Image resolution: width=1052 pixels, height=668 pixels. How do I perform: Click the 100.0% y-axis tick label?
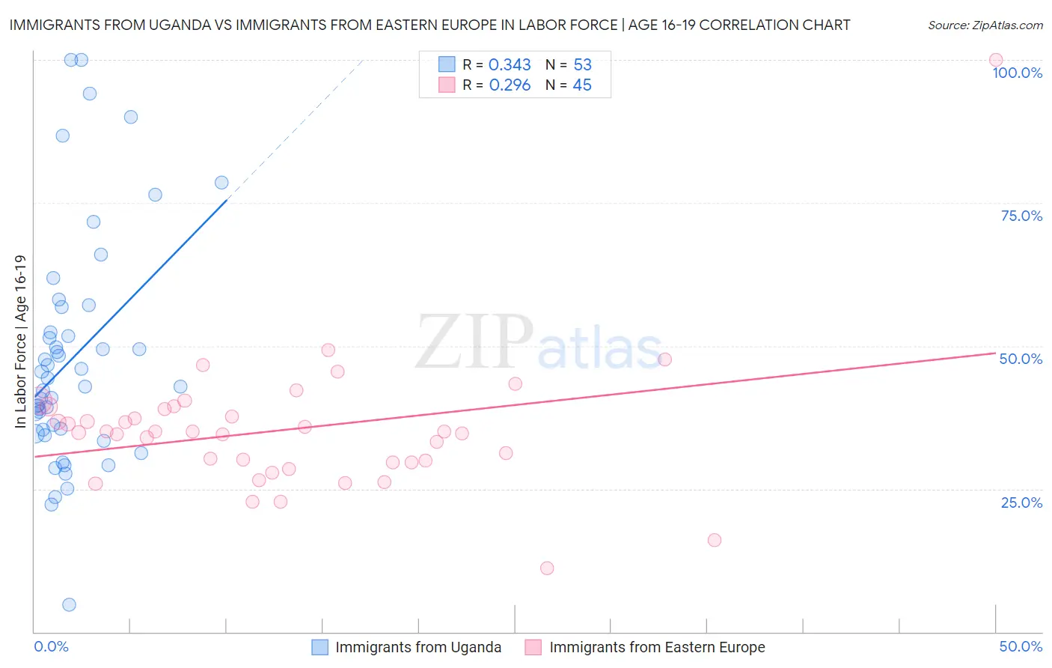pos(1017,73)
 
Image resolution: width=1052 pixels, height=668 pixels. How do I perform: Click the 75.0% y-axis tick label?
pos(1021,216)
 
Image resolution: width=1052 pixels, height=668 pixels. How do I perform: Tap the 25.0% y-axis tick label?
pos(1021,502)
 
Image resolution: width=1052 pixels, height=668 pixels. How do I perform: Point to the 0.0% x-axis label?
pos(51,646)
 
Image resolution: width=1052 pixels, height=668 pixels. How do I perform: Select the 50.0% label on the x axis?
pos(1021,646)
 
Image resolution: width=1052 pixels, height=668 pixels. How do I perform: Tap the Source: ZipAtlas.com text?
pos(985,25)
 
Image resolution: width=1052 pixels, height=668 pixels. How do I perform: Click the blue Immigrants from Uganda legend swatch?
pos(320,647)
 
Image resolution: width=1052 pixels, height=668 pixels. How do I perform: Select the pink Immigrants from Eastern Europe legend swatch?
pos(533,647)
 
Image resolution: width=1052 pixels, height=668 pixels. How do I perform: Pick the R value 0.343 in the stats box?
pos(510,65)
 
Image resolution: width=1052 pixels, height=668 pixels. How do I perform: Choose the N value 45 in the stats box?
pos(582,85)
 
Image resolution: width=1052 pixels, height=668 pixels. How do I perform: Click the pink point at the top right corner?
pos(995,60)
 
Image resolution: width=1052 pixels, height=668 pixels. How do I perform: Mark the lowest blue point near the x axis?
pos(69,604)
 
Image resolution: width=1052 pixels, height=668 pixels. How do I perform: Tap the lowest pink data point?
pos(547,568)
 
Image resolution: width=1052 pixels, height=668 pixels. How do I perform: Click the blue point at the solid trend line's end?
pos(221,183)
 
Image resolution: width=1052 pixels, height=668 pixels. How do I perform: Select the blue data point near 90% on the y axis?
pos(131,117)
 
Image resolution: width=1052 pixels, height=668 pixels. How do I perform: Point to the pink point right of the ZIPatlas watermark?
pos(664,359)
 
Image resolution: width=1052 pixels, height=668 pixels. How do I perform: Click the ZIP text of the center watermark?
pos(474,342)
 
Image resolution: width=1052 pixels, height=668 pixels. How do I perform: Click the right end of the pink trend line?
pos(995,352)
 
